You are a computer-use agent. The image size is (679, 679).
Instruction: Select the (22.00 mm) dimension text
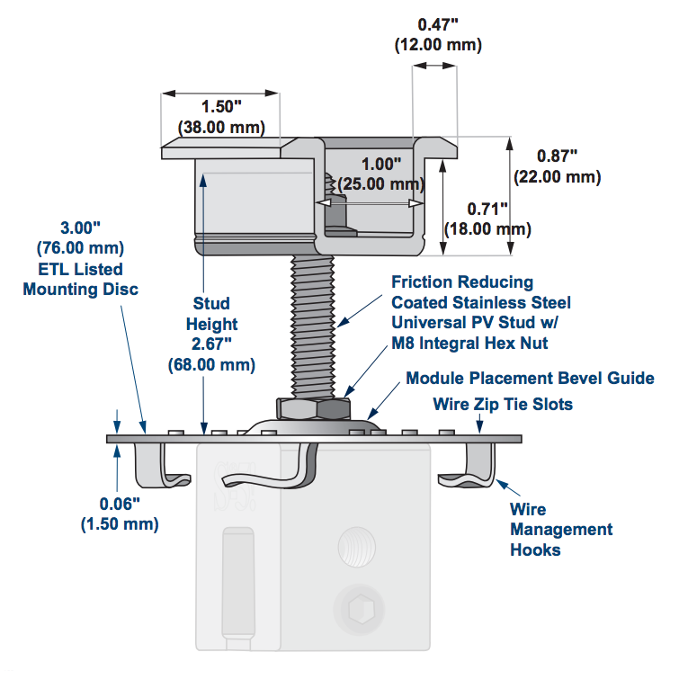(x=558, y=176)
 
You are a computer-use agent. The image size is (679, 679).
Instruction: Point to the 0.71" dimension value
(x=487, y=209)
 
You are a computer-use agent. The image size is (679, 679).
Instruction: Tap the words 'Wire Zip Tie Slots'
(x=503, y=404)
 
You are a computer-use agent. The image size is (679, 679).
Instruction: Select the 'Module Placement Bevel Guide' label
(x=530, y=379)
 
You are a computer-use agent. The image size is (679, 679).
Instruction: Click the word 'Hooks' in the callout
(x=536, y=549)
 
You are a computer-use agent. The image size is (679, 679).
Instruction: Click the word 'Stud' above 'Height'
(x=211, y=303)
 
